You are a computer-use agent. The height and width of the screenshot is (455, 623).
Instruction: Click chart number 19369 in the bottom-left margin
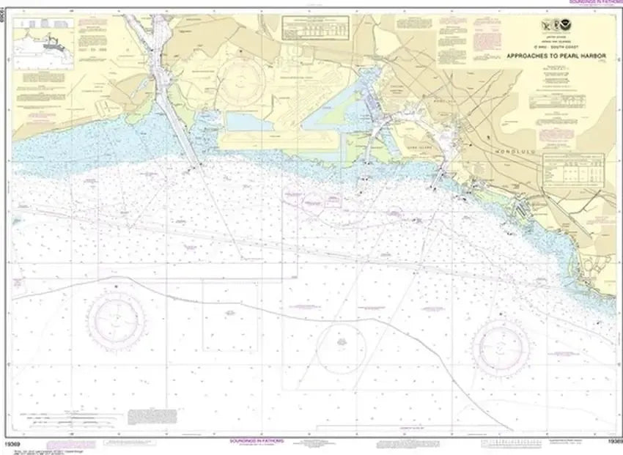point(21,444)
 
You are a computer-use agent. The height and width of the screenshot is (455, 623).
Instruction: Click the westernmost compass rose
point(116,319)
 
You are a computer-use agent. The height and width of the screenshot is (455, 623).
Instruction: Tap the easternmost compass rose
point(501,342)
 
